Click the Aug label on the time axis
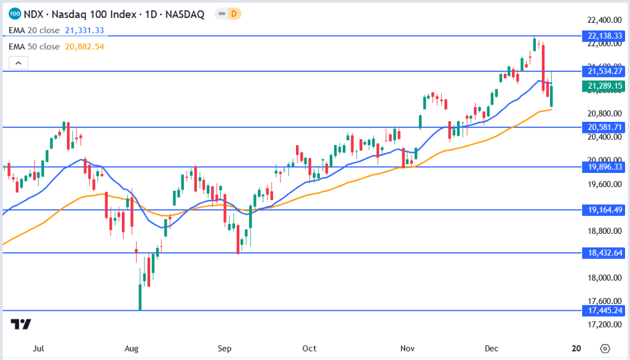click(x=132, y=348)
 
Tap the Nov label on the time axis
click(x=406, y=348)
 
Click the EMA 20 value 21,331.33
click(x=85, y=30)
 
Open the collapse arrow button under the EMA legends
click(x=18, y=63)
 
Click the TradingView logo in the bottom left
click(x=21, y=324)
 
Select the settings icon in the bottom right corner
click(x=605, y=348)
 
